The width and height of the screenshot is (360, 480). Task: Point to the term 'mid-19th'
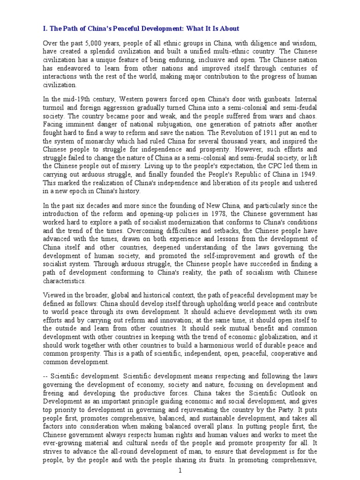click(x=74, y=99)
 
